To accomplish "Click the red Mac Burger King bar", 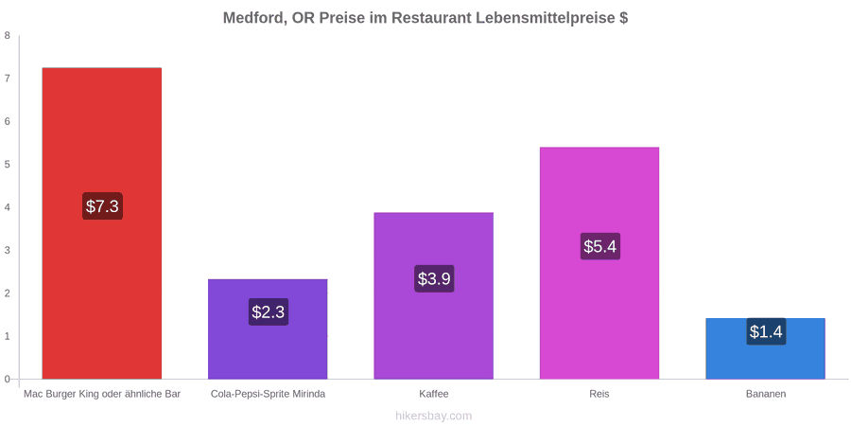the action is tap(101, 223).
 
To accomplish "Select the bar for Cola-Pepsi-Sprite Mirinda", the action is tap(268, 328).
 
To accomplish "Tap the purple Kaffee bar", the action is tap(434, 295).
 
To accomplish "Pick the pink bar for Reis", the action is tap(599, 263).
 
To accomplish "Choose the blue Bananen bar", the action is tap(765, 348).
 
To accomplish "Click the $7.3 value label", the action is tap(102, 206).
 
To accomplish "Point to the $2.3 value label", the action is tap(269, 311).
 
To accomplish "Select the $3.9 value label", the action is tap(434, 278).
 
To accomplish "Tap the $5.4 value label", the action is tap(600, 246).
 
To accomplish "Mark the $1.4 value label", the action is tap(766, 331).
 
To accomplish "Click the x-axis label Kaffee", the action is tap(434, 394).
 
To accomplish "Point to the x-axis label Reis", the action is tap(599, 394).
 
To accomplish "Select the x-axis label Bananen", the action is tap(765, 394).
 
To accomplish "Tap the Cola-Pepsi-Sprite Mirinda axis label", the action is tap(269, 394).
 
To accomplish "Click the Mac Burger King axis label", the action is tap(102, 394).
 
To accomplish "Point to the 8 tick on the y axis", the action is tap(8, 36).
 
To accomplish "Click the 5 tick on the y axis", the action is tap(8, 165).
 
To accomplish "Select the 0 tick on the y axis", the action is tap(8, 380).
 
